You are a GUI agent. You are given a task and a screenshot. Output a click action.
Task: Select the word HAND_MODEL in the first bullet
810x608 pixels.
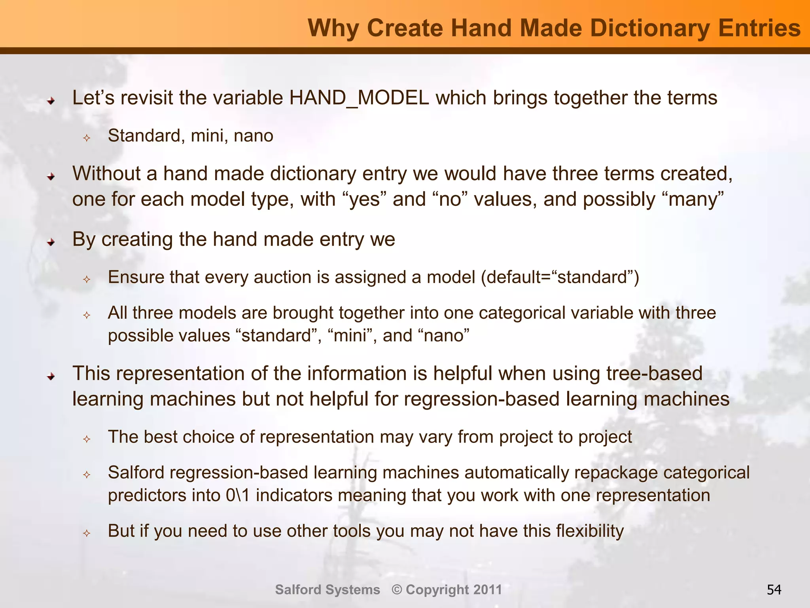tap(359, 98)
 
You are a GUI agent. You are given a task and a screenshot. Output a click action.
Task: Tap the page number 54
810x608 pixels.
tap(774, 590)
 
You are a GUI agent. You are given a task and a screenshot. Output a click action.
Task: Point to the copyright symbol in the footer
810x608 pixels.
tap(397, 590)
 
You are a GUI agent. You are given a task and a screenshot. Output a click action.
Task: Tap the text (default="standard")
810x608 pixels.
tap(560, 277)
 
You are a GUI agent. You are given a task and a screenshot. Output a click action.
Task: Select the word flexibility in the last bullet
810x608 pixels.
tap(590, 531)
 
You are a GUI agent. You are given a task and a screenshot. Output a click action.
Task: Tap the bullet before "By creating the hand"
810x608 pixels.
tap(51, 242)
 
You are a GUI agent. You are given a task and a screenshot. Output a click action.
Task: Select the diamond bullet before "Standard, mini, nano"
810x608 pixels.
tap(87, 138)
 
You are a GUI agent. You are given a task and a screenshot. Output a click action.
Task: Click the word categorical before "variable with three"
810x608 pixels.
tap(534, 313)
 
